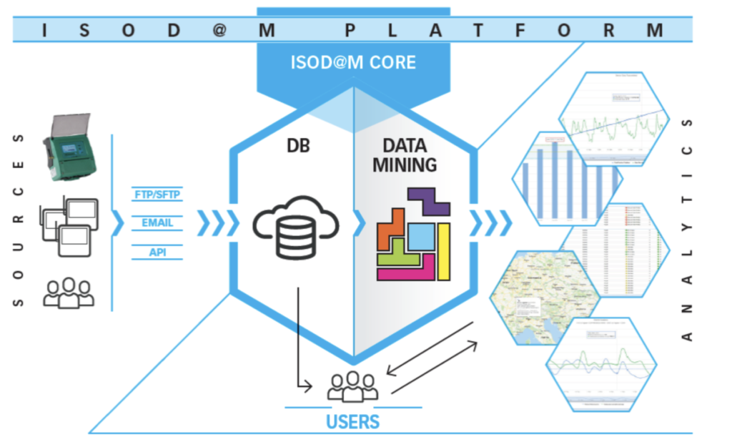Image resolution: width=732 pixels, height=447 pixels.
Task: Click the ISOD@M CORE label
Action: click(353, 62)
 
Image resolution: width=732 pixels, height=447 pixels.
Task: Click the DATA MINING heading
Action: click(404, 155)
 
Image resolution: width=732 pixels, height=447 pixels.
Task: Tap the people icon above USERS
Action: click(354, 386)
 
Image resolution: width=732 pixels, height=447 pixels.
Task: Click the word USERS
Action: click(353, 421)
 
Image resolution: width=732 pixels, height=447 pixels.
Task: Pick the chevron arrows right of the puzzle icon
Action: click(490, 223)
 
